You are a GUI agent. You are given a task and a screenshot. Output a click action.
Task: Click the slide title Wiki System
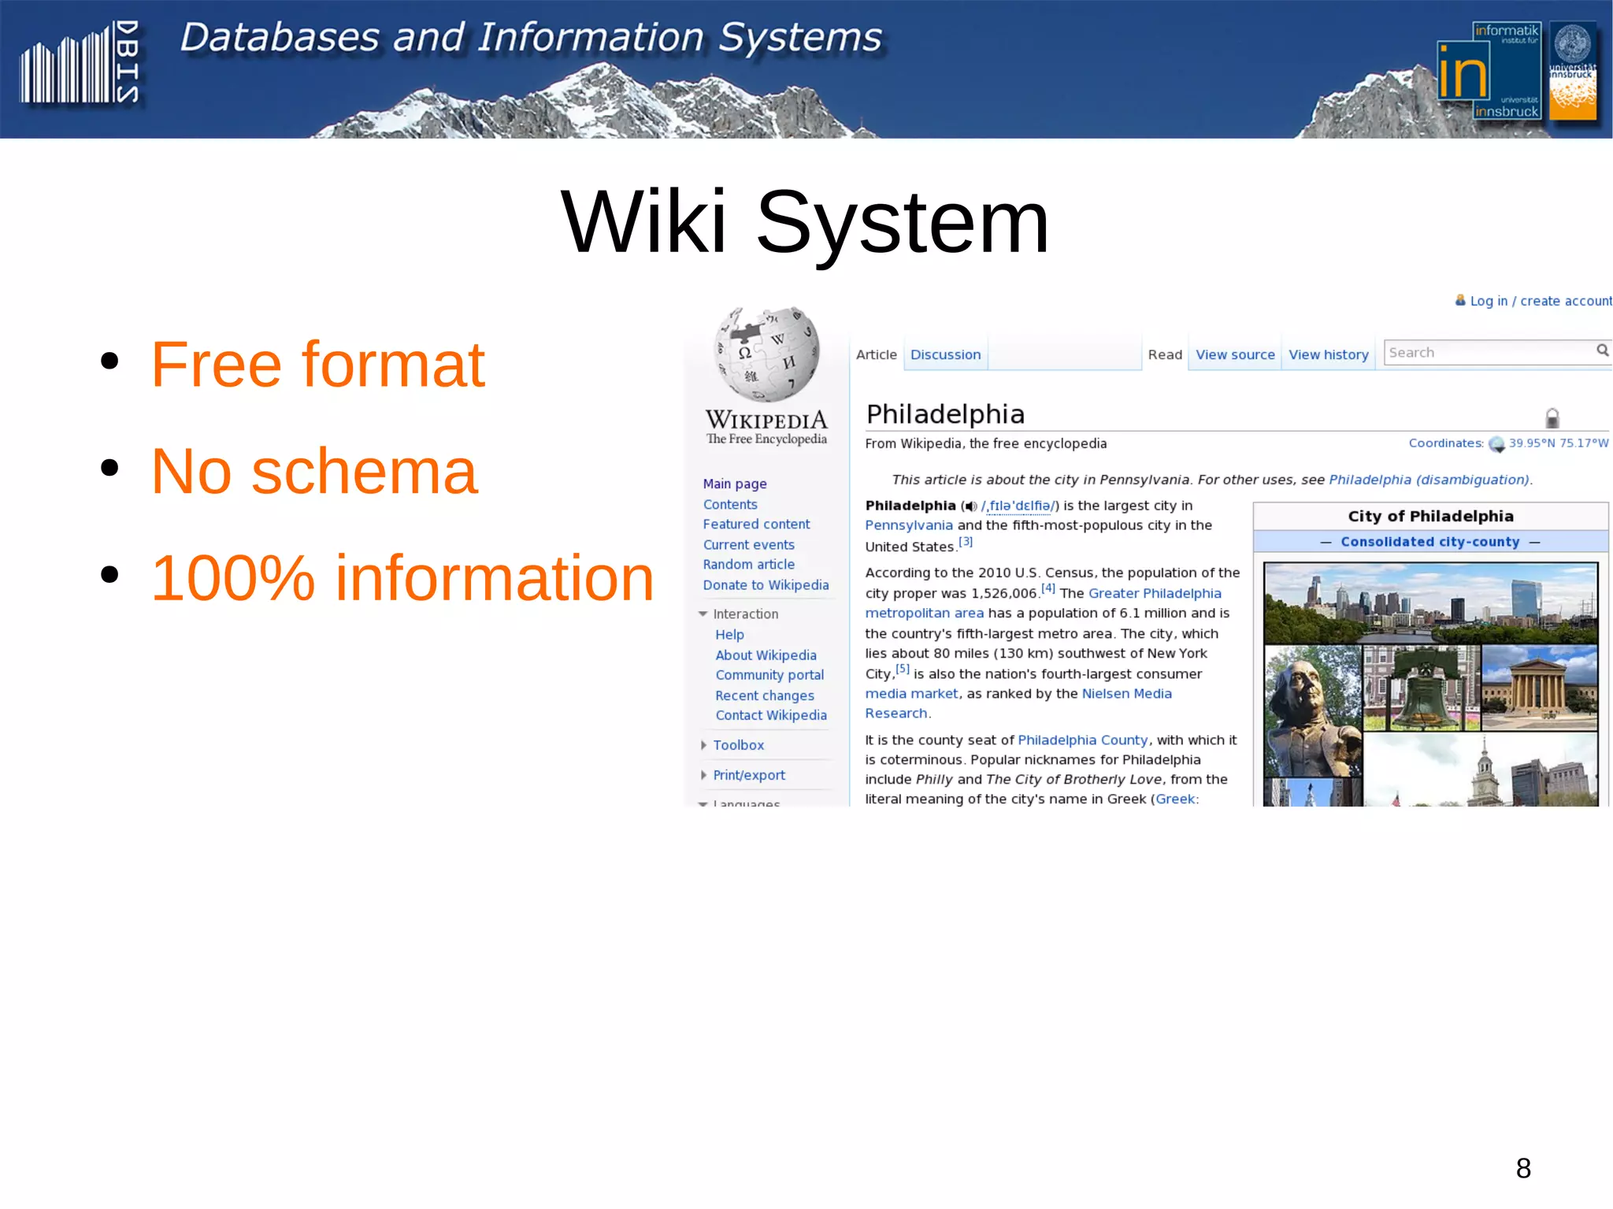[804, 223]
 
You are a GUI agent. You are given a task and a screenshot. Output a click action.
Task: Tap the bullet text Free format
[317, 365]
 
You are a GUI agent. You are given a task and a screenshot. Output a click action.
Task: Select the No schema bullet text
[313, 472]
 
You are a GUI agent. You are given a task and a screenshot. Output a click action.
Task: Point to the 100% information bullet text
[402, 578]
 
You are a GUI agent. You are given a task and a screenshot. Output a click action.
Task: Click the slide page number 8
[1523, 1168]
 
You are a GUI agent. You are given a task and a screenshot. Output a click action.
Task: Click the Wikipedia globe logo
[766, 354]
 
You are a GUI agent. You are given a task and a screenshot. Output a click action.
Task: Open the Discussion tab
[945, 354]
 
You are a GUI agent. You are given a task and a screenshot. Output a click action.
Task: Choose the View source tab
[1234, 354]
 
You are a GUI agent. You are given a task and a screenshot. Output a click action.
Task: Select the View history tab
[1328, 354]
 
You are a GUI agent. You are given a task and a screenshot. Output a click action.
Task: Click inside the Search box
[1489, 352]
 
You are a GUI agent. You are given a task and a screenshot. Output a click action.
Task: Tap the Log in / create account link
[1540, 301]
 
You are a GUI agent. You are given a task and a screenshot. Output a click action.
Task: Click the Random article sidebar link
[748, 565]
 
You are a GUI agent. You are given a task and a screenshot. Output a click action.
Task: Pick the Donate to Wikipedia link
[766, 585]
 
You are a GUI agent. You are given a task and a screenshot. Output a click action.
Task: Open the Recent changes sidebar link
[764, 695]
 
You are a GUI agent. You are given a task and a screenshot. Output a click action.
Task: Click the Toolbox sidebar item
[738, 745]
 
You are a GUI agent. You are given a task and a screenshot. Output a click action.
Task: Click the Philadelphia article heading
[945, 414]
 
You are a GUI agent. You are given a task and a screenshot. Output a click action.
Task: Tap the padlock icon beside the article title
[1552, 417]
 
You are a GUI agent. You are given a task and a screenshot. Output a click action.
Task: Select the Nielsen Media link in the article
[1126, 694]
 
